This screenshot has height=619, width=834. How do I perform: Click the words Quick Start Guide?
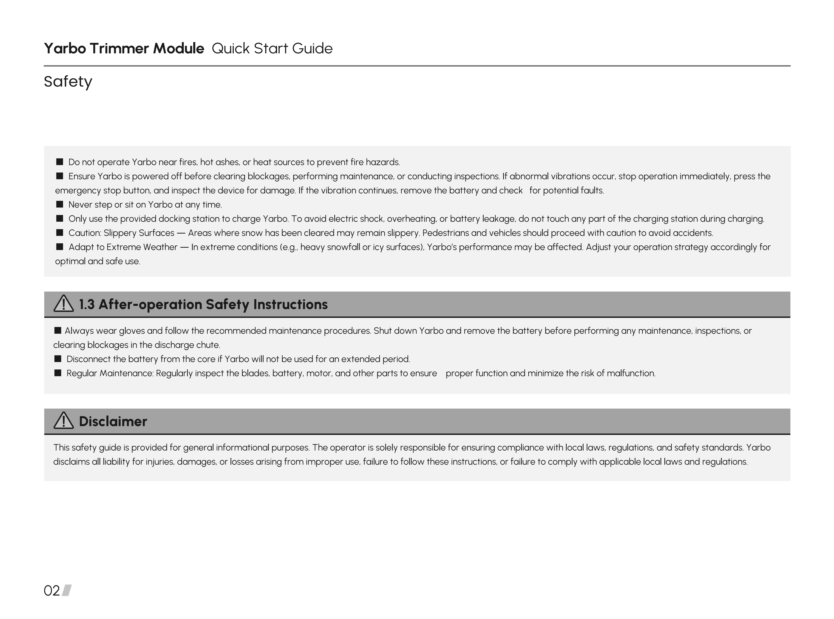(x=272, y=48)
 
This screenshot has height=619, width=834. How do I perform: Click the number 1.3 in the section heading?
(x=87, y=304)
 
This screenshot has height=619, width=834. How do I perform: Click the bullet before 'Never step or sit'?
(x=60, y=204)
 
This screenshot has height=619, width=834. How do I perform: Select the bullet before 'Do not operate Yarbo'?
(x=60, y=162)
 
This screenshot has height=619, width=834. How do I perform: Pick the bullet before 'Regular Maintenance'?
(x=58, y=373)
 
